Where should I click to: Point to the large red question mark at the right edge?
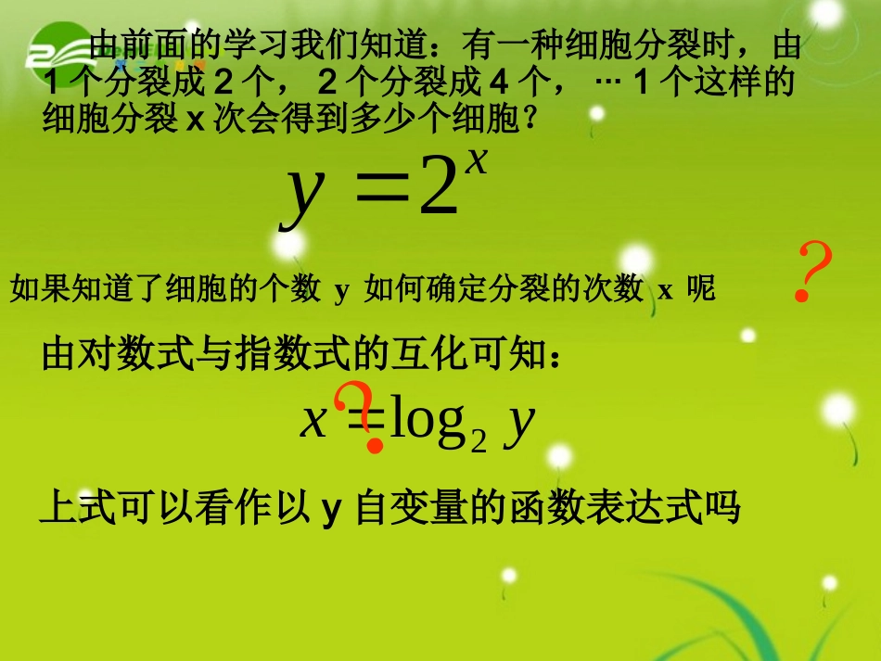pyautogui.click(x=813, y=273)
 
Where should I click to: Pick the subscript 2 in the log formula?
pyautogui.click(x=479, y=441)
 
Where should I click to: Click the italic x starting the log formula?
pyautogui.click(x=314, y=423)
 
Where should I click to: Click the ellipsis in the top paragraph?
pyautogui.click(x=608, y=83)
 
